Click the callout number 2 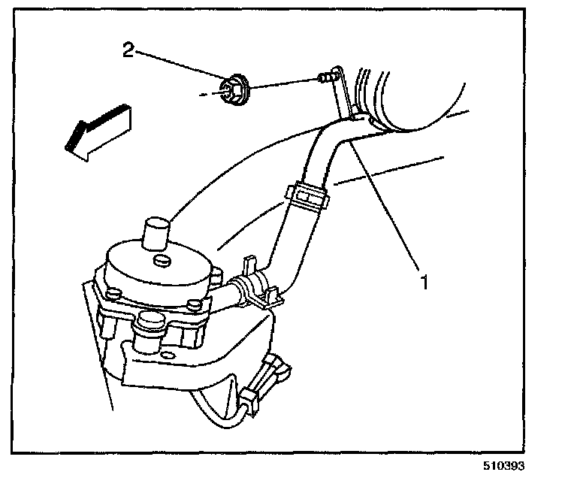[129, 51]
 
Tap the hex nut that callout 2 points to [234, 89]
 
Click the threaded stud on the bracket [325, 77]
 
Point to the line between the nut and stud [281, 83]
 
